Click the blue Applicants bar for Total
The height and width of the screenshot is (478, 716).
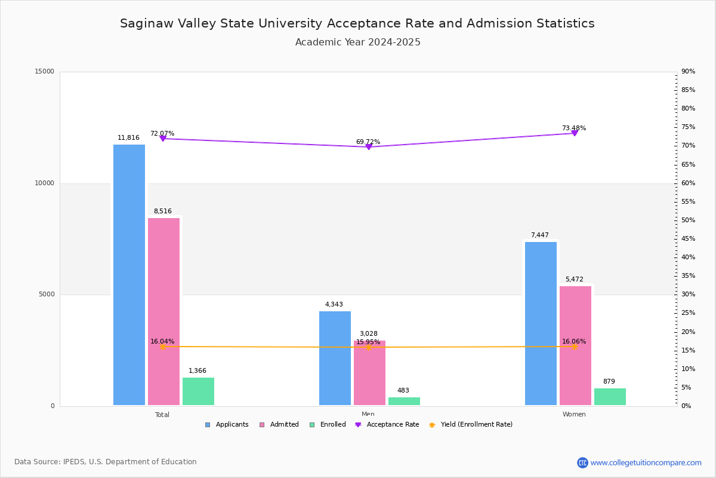(129, 275)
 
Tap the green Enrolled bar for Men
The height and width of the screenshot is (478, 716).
(404, 401)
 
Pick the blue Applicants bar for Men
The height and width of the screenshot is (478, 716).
(335, 358)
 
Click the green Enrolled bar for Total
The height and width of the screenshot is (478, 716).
(198, 391)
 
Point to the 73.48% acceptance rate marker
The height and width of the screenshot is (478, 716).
(575, 133)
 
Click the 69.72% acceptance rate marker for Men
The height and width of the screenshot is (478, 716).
(368, 146)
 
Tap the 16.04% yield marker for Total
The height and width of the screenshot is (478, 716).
(162, 347)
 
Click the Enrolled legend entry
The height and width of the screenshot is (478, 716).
(328, 425)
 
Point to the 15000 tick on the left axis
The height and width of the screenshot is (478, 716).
(45, 72)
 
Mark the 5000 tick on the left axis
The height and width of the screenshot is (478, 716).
(47, 295)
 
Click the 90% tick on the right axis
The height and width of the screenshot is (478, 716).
(688, 72)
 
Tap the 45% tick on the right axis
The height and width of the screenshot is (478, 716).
(688, 239)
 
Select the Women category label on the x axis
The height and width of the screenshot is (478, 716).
(574, 415)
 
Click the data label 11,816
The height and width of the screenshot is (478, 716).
(128, 138)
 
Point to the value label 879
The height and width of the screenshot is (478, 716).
(609, 382)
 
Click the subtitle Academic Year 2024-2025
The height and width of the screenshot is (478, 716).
(357, 42)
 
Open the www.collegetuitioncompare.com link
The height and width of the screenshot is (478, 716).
(646, 462)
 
